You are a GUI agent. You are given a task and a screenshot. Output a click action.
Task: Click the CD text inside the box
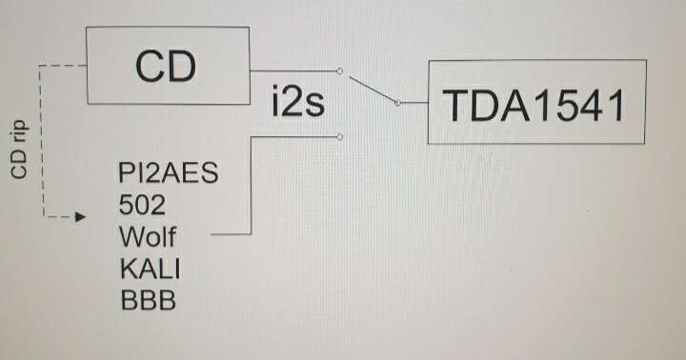[x=166, y=66]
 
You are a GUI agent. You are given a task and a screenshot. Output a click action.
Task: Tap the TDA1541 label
[x=534, y=106]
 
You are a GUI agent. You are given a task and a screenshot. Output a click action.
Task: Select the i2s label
[x=298, y=102]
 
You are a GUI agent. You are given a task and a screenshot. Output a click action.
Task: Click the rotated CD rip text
[x=20, y=150]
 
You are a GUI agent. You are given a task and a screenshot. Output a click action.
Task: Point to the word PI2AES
[x=168, y=172]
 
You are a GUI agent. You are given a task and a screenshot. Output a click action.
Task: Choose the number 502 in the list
[x=142, y=204]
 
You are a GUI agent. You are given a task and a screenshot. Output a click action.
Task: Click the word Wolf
[x=148, y=236]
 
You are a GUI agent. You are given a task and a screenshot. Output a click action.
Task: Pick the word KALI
[x=150, y=269]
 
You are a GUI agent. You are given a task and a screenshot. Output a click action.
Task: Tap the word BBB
[x=148, y=300]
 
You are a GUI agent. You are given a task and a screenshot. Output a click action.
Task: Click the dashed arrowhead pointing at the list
[x=80, y=216]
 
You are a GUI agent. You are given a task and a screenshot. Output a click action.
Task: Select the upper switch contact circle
[x=339, y=70]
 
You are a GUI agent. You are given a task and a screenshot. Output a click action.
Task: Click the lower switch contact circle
[x=339, y=137]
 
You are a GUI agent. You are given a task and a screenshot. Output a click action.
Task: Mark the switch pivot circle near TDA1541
[x=397, y=103]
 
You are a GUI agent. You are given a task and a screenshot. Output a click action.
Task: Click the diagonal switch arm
[x=373, y=90]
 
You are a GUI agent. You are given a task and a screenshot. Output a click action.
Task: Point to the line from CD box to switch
[x=293, y=70]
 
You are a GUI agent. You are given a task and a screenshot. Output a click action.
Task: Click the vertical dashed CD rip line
[x=41, y=141]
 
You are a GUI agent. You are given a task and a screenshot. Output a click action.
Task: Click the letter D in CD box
[x=181, y=67]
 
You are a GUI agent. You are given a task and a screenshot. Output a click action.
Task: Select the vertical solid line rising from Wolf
[x=252, y=186]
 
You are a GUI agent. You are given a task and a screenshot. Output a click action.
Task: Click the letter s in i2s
[x=314, y=106]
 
